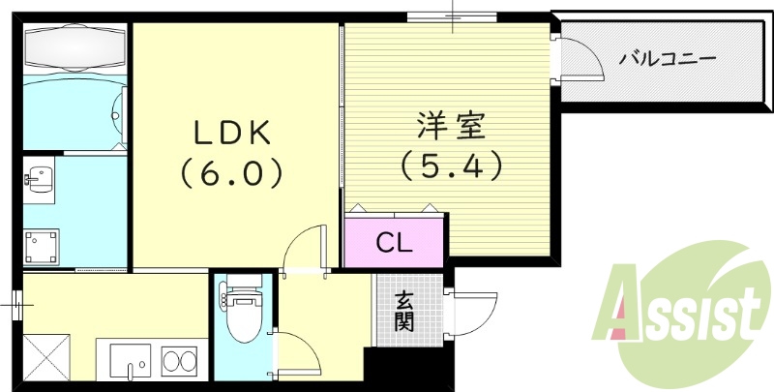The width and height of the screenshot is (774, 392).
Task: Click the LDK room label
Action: point(229,131)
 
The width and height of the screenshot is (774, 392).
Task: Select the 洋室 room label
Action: point(450,126)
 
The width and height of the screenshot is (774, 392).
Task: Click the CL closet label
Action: point(394,243)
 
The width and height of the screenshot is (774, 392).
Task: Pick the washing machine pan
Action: point(42,246)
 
